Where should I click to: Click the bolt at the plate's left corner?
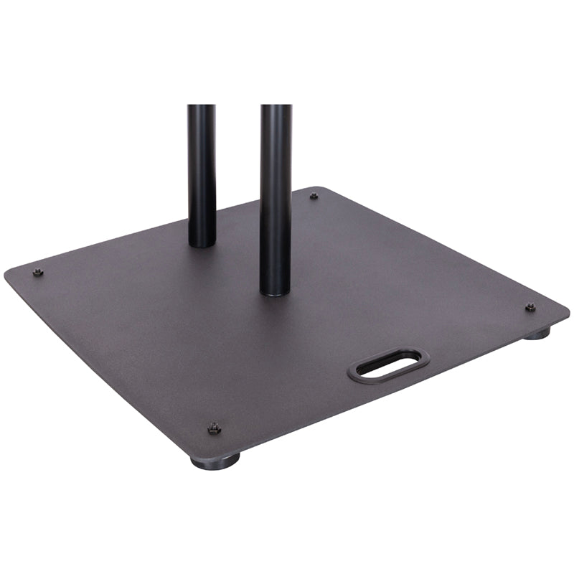(39, 272)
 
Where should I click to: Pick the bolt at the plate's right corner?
(530, 307)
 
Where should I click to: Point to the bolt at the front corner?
(214, 428)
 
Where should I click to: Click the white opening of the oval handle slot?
(388, 364)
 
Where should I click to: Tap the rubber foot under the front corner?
(216, 461)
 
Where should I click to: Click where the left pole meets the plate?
(202, 244)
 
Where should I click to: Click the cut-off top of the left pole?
(202, 107)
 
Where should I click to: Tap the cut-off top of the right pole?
(276, 107)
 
